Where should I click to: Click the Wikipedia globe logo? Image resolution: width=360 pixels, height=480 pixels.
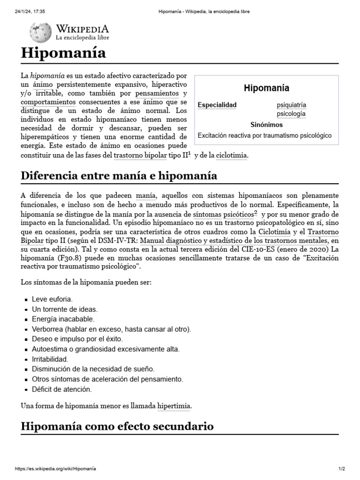click(40, 32)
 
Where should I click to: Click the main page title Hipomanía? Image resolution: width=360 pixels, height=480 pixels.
click(63, 53)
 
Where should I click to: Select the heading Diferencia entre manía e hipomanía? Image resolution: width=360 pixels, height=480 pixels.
click(119, 176)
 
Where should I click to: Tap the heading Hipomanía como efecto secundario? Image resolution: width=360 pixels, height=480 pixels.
click(117, 426)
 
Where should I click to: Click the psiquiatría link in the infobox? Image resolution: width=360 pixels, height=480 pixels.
click(291, 105)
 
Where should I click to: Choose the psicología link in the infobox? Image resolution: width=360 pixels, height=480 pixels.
click(291, 114)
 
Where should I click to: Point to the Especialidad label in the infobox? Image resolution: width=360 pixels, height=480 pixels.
click(217, 105)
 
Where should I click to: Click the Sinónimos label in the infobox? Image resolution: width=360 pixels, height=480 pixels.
click(266, 125)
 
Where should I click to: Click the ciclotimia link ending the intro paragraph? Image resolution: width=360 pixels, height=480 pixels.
click(231, 155)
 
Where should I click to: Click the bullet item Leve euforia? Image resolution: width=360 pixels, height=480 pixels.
click(52, 299)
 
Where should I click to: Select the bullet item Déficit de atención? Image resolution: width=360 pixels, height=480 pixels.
click(61, 389)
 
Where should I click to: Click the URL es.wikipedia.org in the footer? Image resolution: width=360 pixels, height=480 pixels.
click(58, 468)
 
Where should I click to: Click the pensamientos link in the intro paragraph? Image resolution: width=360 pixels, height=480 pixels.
click(157, 93)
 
